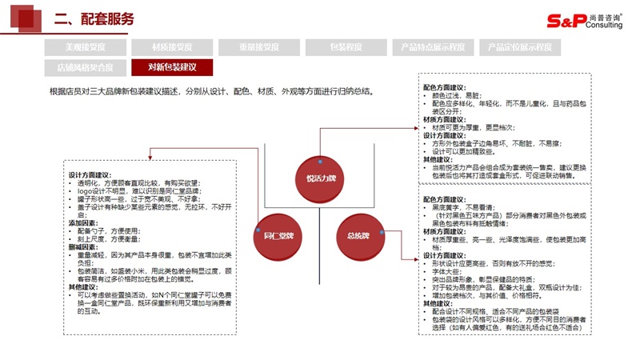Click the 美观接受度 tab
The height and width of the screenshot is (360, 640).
[x=85, y=47]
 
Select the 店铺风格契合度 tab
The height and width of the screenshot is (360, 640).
[x=85, y=67]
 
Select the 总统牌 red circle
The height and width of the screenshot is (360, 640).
[x=357, y=235]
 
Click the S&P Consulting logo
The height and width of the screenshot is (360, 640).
[x=582, y=21]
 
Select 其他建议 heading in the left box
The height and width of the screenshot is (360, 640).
[x=85, y=286]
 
